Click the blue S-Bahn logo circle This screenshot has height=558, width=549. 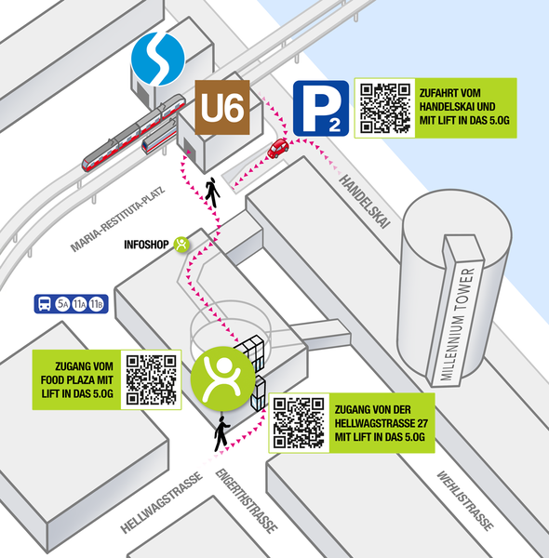pos(158,59)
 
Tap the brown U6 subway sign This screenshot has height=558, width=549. pos(222,108)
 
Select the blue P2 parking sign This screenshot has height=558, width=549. pos(321,108)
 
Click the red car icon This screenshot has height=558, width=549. pos(278,148)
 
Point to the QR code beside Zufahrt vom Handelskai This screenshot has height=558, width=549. pos(385,108)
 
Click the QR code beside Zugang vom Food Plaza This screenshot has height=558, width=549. pos(152,379)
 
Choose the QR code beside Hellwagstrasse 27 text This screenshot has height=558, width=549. pos(299,423)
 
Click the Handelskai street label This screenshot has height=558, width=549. pos(365,201)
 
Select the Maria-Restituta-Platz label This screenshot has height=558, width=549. pos(118,219)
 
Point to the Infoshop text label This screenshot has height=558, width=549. pos(146,245)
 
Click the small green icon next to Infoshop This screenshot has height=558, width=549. pos(181,245)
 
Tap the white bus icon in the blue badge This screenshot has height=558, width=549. pos(45,304)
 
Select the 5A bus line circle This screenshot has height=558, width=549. pos(62,304)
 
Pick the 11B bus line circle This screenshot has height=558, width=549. pos(96,304)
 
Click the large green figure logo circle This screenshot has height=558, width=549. pos(223,379)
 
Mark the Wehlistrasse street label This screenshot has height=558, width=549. pos(465,500)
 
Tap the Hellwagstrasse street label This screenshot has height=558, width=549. pos(161,502)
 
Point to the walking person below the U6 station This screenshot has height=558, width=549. pos(212,193)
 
